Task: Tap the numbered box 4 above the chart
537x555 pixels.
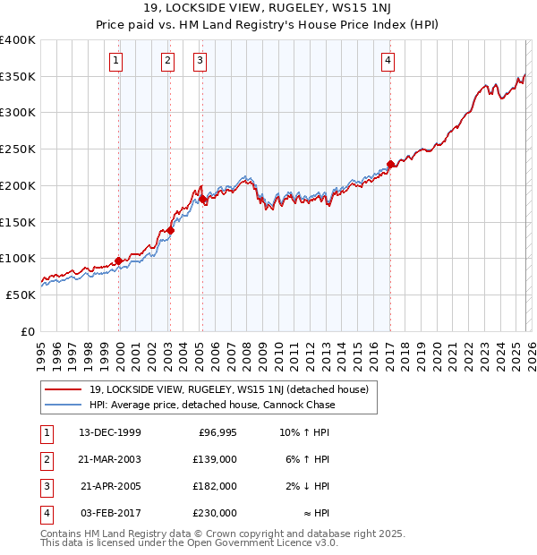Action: [x=388, y=61]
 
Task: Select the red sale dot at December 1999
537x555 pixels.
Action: [x=118, y=260]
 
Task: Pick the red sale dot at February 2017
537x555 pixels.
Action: [x=390, y=164]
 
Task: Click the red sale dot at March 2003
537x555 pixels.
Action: [x=170, y=230]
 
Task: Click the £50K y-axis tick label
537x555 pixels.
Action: [x=21, y=295]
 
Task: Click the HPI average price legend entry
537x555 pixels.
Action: [x=211, y=405]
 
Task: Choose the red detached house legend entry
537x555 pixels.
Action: [x=234, y=389]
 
